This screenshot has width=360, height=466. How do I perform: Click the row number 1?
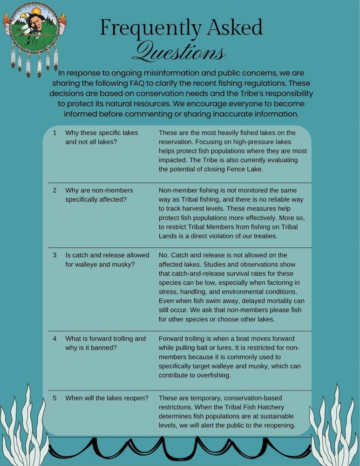pos(54,133)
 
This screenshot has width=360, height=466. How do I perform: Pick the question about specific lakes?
pos(102,137)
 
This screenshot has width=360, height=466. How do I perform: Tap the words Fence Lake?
pos(246,169)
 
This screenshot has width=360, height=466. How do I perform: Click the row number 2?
pos(54,191)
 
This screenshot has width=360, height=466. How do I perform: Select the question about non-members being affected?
pos(99,195)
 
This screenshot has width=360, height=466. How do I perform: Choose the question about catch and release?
pos(107,260)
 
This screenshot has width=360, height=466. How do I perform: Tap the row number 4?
pos(54,339)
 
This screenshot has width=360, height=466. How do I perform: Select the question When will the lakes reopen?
pos(107,398)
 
